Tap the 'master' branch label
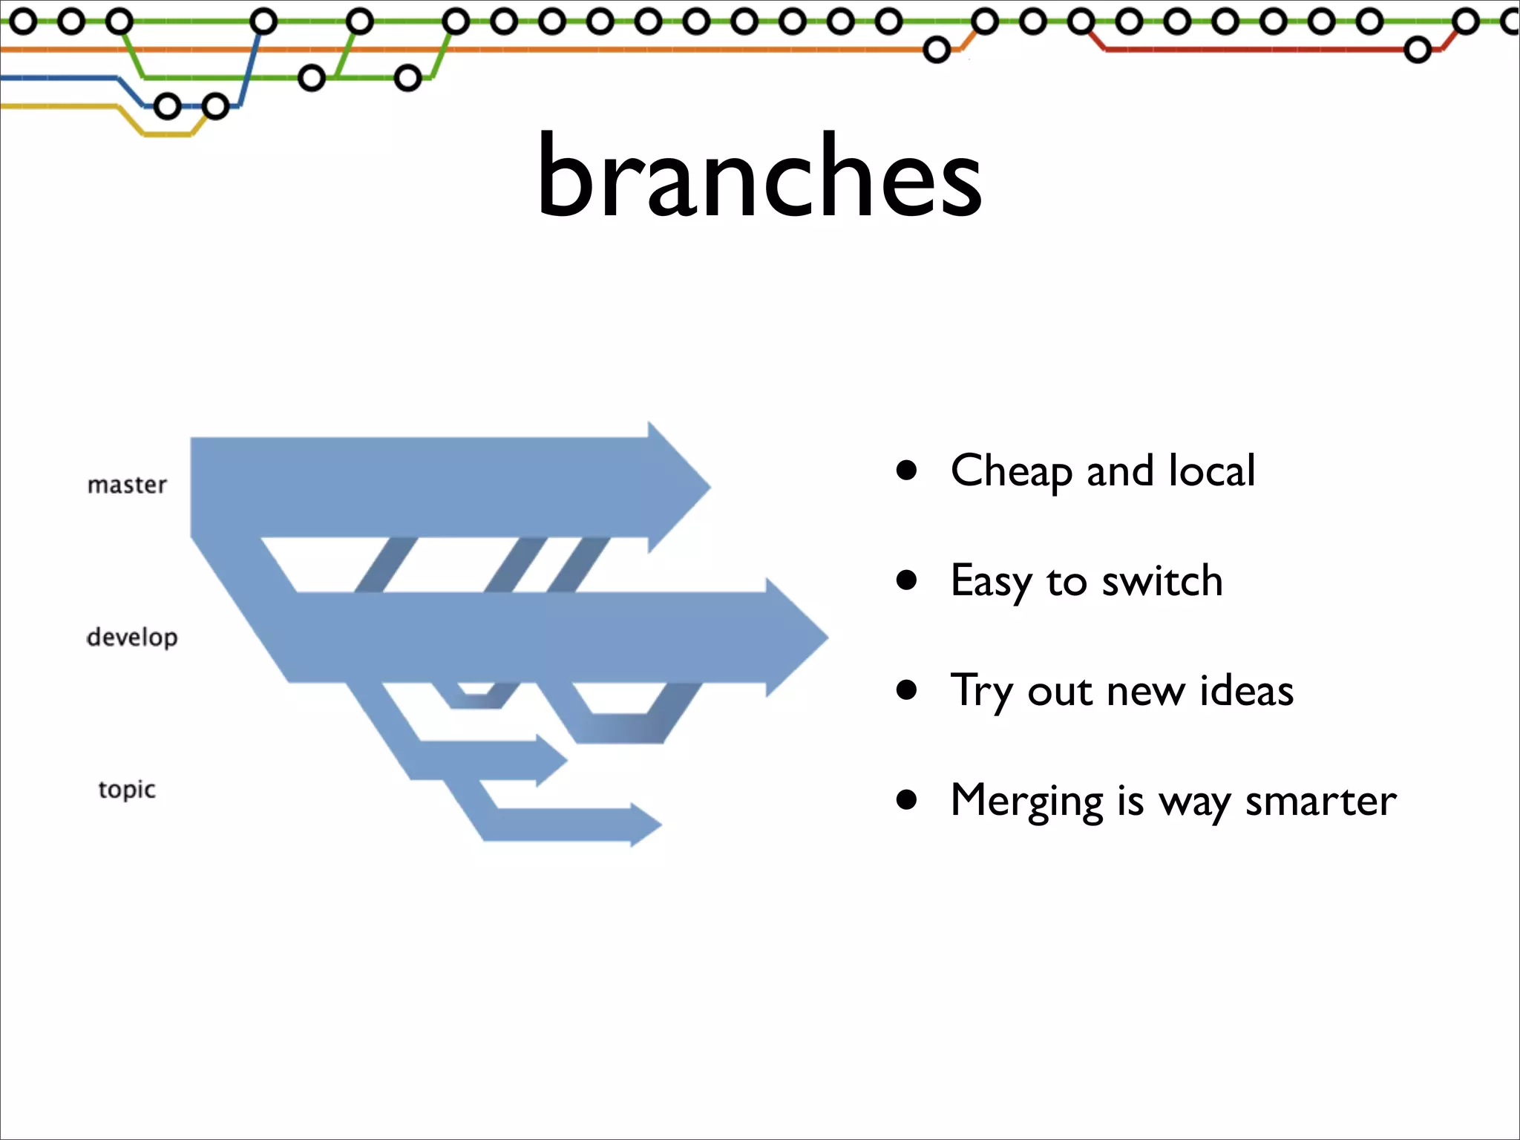[x=127, y=485]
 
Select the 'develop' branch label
[x=132, y=638]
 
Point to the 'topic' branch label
[x=127, y=790]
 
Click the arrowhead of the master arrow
[x=679, y=488]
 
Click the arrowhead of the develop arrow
[x=798, y=637]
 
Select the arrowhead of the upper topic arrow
[x=551, y=760]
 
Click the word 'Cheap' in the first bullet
[x=1011, y=471]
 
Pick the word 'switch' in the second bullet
[x=1162, y=581]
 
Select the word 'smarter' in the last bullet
[x=1321, y=802]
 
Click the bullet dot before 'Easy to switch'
[x=906, y=580]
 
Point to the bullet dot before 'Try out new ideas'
[x=906, y=690]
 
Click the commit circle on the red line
[x=1418, y=50]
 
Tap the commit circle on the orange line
[x=937, y=50]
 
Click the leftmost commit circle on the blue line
[x=168, y=107]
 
